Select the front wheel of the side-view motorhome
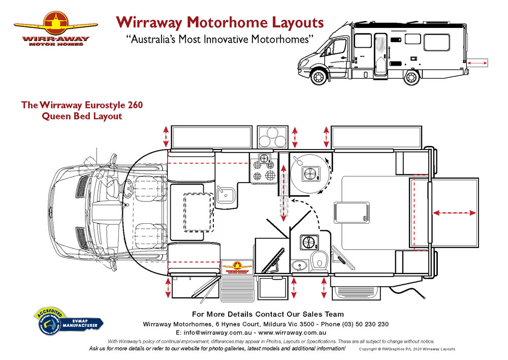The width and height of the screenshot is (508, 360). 319,77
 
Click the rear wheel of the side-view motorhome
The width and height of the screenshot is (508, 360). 411,77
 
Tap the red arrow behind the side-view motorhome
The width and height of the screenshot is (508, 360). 476,63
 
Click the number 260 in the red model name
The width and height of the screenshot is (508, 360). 134,105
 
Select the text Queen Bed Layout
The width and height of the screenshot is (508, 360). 82,116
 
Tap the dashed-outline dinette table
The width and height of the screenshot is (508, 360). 198,209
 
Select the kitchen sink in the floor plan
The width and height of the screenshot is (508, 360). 225,195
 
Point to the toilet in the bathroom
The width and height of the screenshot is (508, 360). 319,260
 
